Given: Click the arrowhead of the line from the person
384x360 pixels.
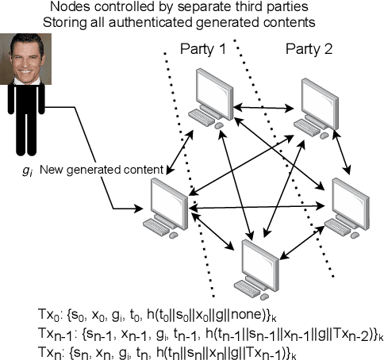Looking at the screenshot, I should [147, 209].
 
